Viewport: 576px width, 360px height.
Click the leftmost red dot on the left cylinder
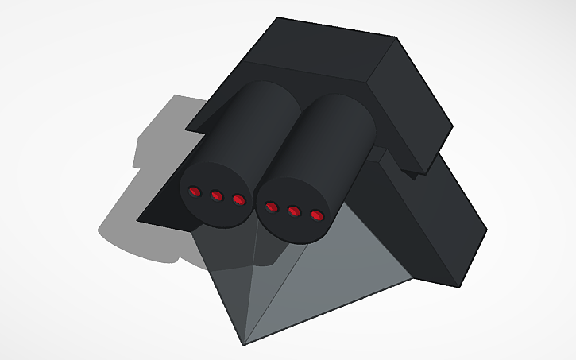pos(195,191)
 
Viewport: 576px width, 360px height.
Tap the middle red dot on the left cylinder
pos(216,195)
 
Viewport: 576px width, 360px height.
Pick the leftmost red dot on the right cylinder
pos(272,207)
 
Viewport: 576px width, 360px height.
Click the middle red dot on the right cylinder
pos(294,211)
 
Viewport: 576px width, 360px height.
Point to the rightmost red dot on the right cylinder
pos(316,215)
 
